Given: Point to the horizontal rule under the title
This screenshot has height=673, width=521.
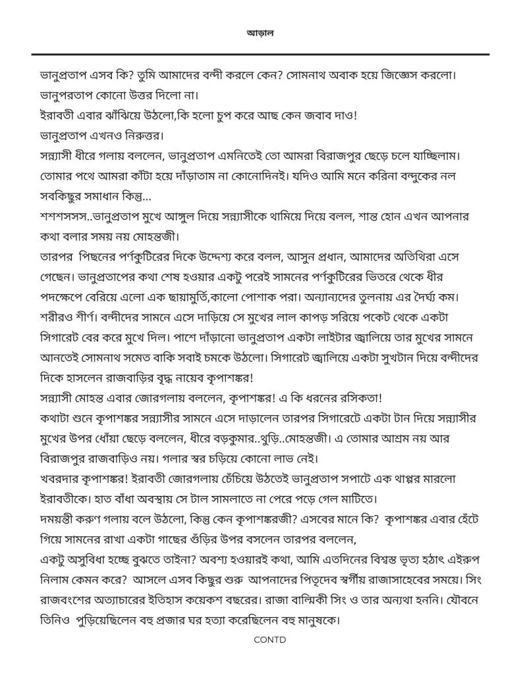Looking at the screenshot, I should (x=260, y=54).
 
